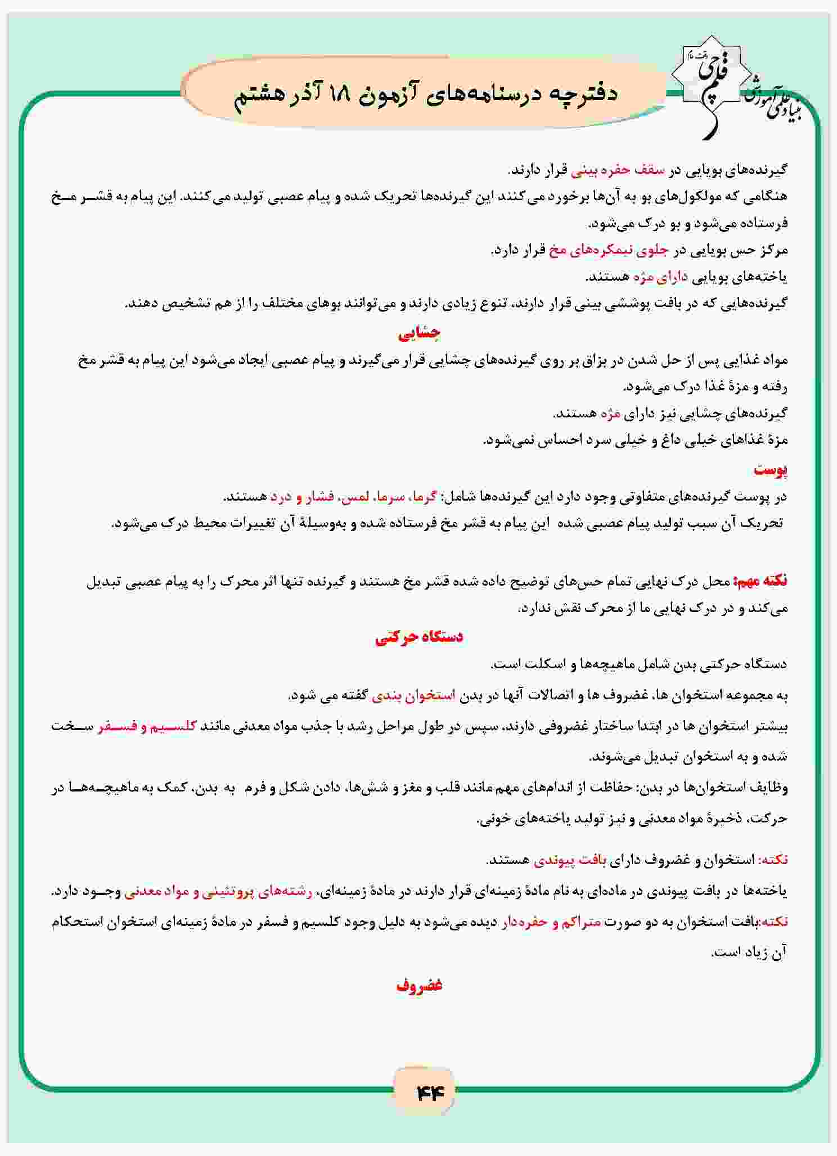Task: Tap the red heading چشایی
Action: click(x=419, y=334)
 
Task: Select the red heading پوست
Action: click(x=771, y=470)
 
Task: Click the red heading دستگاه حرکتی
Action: click(x=419, y=637)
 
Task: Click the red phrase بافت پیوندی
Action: click(x=570, y=860)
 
